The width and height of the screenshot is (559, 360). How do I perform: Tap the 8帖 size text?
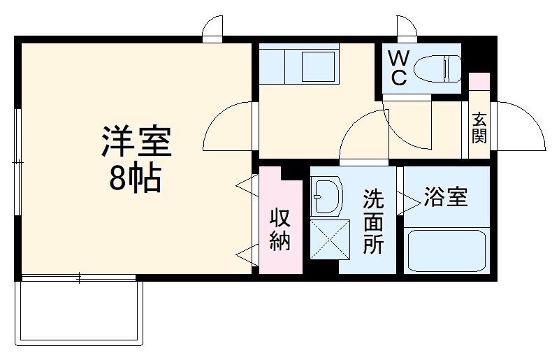pos(135,180)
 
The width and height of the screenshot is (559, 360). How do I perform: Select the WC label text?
pos(398,67)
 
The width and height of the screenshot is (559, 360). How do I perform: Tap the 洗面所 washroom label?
pos(372,222)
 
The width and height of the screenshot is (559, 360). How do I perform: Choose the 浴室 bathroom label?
pos(446,198)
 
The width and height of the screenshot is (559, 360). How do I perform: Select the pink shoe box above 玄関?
pos(479,80)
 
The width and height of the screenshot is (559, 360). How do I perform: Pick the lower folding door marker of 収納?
pos(244,256)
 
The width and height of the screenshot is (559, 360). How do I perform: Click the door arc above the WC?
pos(405,26)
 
